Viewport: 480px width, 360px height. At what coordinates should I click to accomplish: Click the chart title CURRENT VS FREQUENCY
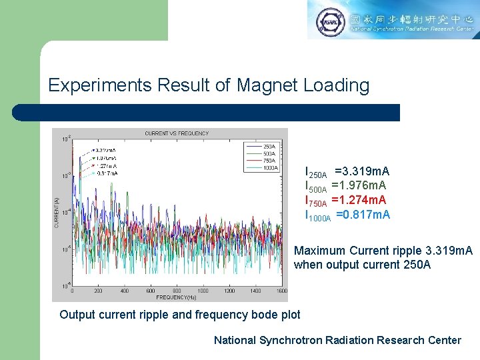coord(177,133)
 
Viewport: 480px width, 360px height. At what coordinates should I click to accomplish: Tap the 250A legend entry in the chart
coord(269,146)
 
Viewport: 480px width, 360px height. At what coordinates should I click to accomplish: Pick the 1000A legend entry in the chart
coord(271,168)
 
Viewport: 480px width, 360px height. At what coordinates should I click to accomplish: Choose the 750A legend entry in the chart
coord(269,161)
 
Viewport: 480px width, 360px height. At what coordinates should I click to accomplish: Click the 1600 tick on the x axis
coord(281,291)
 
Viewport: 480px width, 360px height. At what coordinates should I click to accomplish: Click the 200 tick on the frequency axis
coord(98,291)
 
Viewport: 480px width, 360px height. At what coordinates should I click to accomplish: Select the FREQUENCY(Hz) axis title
coord(177,297)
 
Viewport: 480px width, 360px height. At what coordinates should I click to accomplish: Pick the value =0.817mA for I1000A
coord(363,215)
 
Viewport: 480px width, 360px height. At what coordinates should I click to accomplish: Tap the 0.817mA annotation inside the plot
coord(106,173)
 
